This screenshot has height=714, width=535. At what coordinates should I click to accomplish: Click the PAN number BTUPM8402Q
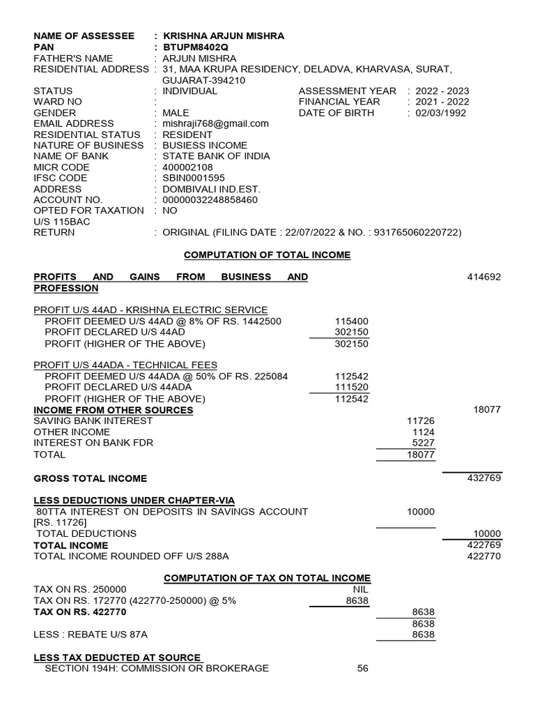click(195, 47)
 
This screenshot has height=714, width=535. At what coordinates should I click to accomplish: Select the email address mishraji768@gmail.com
click(215, 123)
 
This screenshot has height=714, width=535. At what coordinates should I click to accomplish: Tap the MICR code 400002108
click(187, 167)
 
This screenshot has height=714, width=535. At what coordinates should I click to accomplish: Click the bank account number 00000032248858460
click(210, 199)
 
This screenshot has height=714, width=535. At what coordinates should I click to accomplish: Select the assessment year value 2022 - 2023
click(442, 91)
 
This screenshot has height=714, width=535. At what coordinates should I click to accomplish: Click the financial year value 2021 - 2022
click(442, 102)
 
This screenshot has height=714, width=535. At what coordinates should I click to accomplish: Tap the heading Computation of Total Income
click(267, 255)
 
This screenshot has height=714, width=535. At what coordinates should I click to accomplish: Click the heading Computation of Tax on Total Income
click(267, 578)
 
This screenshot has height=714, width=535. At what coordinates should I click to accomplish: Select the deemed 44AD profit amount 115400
click(352, 321)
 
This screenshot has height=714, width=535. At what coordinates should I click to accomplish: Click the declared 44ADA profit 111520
click(352, 387)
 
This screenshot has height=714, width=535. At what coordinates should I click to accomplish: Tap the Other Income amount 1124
click(424, 432)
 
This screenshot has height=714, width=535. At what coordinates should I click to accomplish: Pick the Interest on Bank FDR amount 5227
click(424, 443)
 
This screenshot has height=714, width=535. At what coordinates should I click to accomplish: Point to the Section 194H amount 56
click(362, 669)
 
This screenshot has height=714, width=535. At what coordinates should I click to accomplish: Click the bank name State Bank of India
click(216, 156)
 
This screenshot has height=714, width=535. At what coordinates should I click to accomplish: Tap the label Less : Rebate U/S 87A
click(91, 635)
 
